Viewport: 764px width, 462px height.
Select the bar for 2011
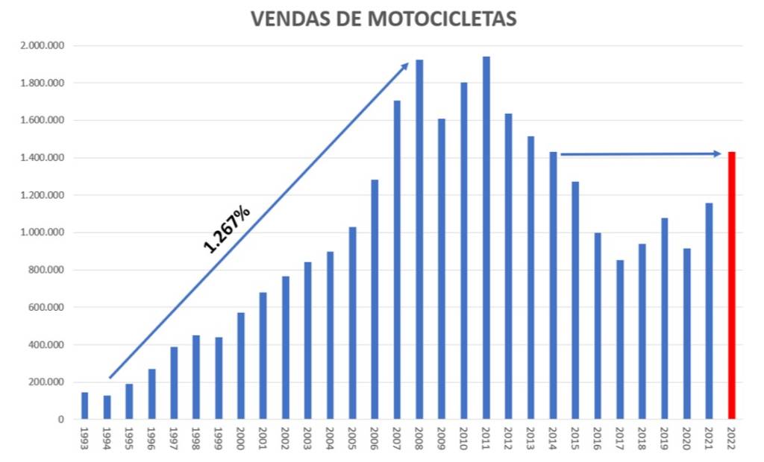pos(486,238)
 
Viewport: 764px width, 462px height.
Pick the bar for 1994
pos(107,407)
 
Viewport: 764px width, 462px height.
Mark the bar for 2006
pos(375,299)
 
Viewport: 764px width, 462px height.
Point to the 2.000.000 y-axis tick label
pos(43,45)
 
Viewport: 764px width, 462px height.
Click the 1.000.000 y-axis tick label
pos(43,232)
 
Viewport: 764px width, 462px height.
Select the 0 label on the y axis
pos(62,420)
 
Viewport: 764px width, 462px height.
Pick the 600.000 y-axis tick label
pos(46,307)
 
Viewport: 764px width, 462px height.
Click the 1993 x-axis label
pos(84,439)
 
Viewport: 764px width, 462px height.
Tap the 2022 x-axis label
pos(732,439)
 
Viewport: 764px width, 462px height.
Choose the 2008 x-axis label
pos(419,439)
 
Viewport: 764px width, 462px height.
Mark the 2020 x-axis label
pos(687,439)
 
